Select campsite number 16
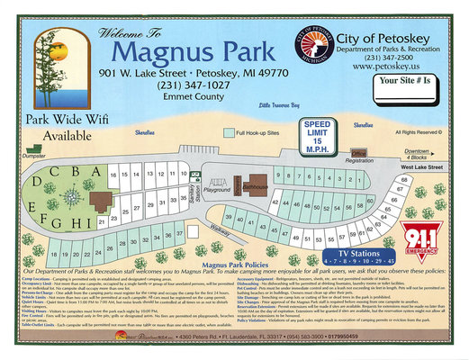(113, 175)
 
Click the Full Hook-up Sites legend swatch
(228, 132)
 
